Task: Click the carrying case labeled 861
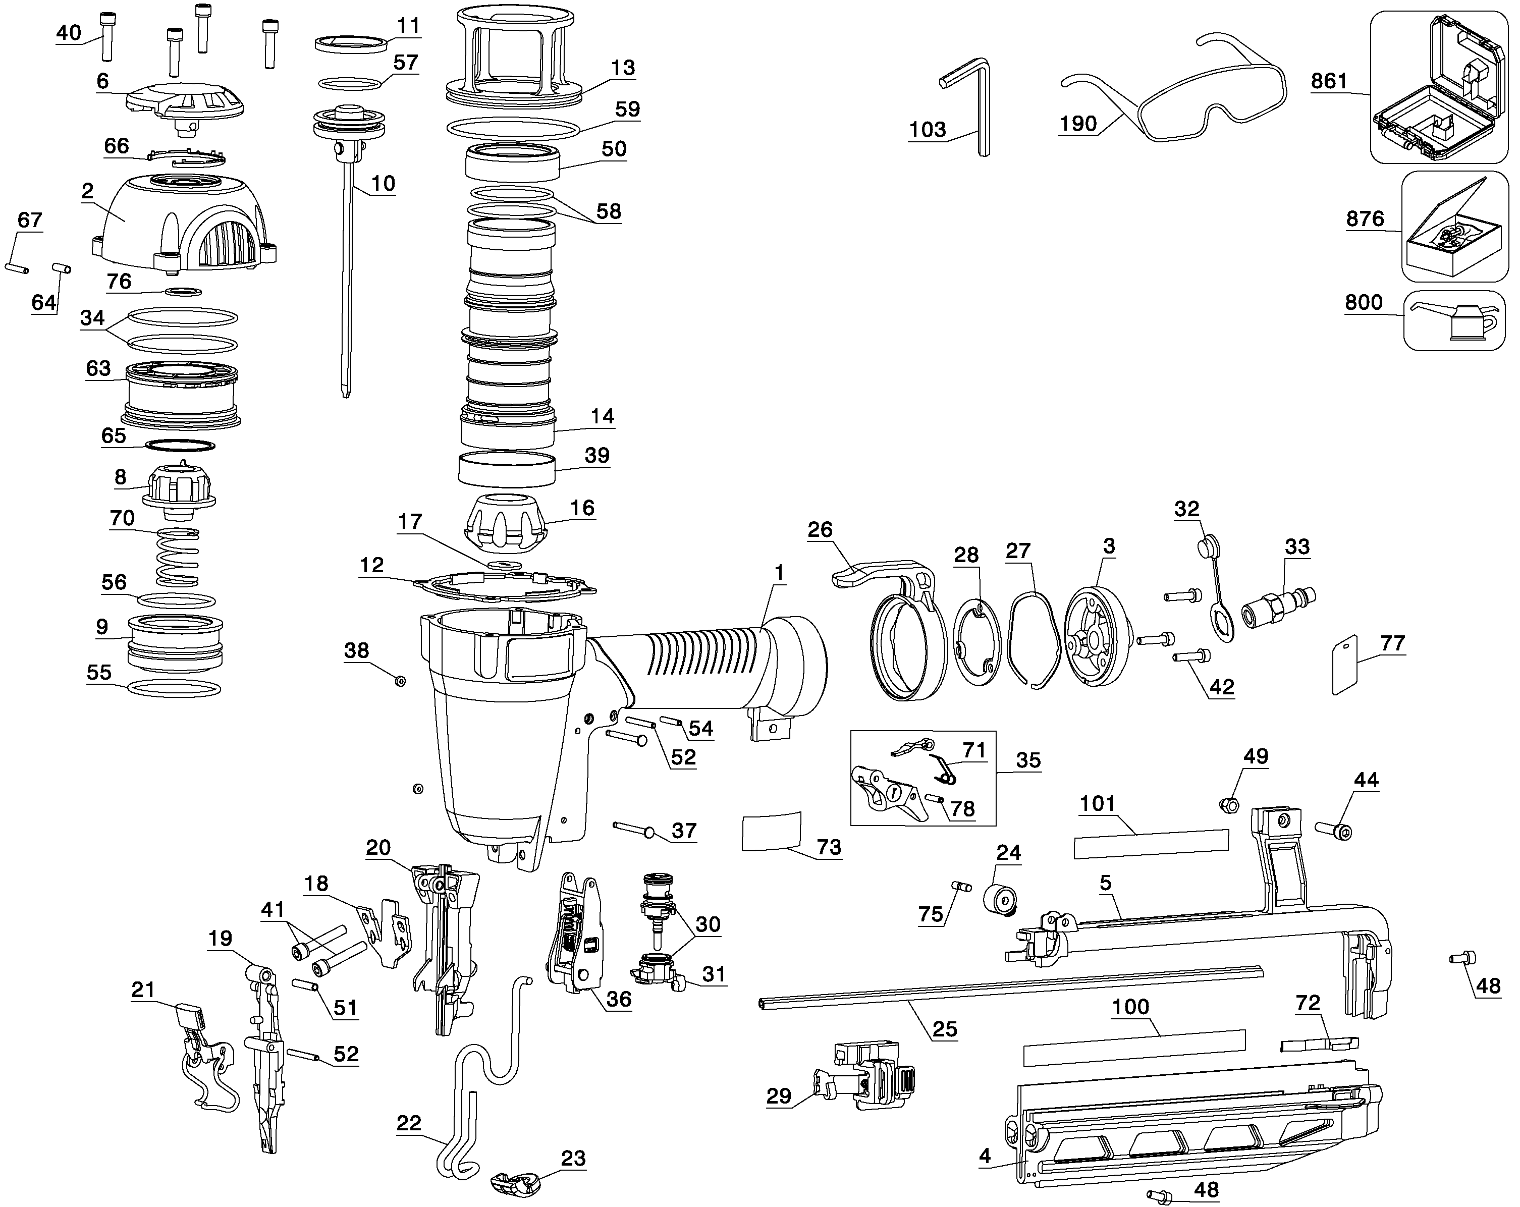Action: [x=1438, y=88]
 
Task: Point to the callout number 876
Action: [x=1365, y=218]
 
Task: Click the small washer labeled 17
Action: [x=504, y=566]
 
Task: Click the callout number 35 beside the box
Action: [x=1028, y=761]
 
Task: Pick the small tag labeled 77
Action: [x=1345, y=665]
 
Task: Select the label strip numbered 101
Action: [x=1151, y=844]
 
